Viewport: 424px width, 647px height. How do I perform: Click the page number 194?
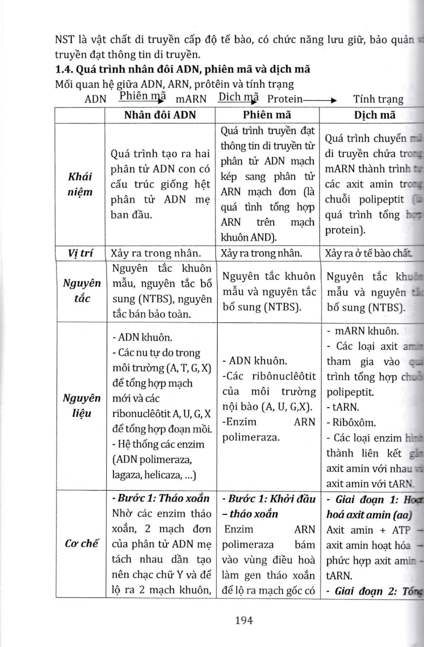[x=244, y=620]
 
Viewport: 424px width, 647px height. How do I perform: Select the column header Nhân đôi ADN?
[x=160, y=115]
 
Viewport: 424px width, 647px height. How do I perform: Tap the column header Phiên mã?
[x=267, y=115]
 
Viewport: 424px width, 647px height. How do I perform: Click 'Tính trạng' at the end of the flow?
[x=378, y=99]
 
